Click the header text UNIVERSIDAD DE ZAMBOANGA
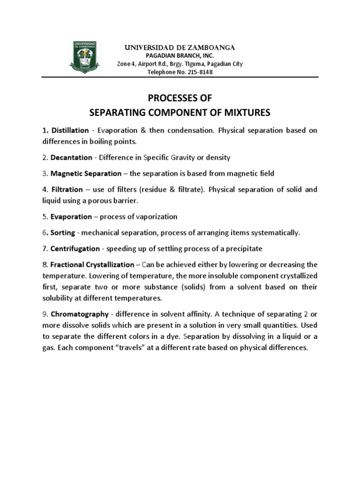[x=180, y=48]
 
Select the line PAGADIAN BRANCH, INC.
[x=180, y=56]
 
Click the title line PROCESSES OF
[x=180, y=98]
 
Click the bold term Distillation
[x=70, y=130]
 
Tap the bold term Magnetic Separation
[x=86, y=173]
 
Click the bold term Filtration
[x=66, y=190]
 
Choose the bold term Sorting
[x=62, y=233]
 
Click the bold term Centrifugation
[x=75, y=248]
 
